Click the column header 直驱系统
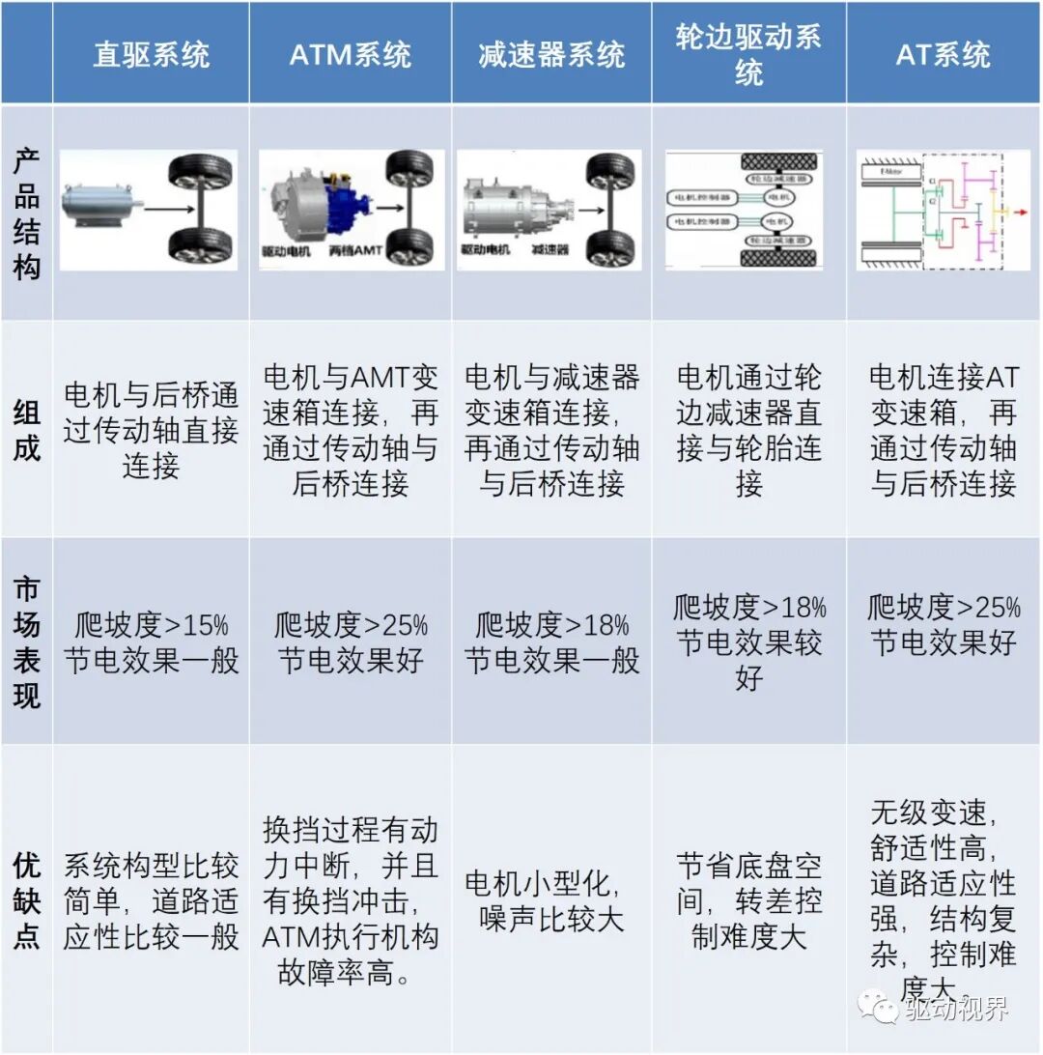point(151,54)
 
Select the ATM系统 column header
point(350,54)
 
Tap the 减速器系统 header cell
point(551,54)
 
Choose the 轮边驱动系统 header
point(748,54)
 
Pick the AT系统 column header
point(943,54)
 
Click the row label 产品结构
point(27,214)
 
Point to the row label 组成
point(27,430)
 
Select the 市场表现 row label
point(27,642)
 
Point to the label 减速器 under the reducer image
point(549,250)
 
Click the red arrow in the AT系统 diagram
point(1015,210)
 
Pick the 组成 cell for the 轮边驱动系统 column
point(748,430)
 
